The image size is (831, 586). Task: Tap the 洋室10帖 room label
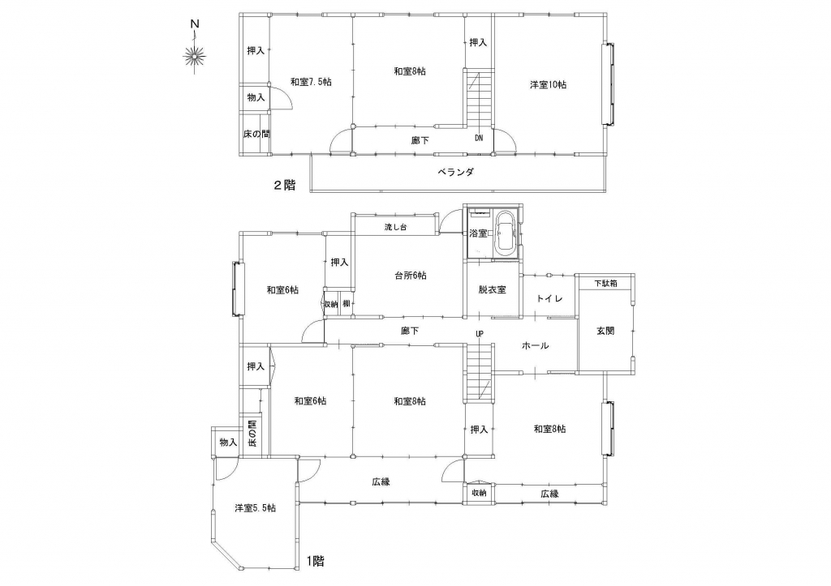coord(548,84)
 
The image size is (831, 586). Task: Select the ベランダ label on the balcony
coord(455,172)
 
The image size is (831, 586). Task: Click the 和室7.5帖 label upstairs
coord(311,82)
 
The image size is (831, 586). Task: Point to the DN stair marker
coord(479,138)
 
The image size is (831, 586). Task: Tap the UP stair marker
coord(480,333)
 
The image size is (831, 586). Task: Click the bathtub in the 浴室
coord(505,235)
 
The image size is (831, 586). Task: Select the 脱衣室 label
coord(492,289)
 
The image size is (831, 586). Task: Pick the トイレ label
coord(549,298)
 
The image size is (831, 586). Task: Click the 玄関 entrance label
coord(605,331)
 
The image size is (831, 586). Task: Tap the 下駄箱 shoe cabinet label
coord(605,283)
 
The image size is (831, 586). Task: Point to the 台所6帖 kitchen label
coord(410,276)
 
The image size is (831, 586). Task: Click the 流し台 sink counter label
coord(395,227)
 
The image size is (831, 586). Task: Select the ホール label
coord(536,345)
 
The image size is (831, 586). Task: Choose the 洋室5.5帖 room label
coord(255,508)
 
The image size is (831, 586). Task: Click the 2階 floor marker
coord(284,186)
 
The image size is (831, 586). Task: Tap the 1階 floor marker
coord(315,561)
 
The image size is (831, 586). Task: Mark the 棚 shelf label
coord(346,304)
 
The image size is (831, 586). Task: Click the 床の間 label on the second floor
coord(256,134)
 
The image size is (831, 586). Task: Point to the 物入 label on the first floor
coord(228,442)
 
